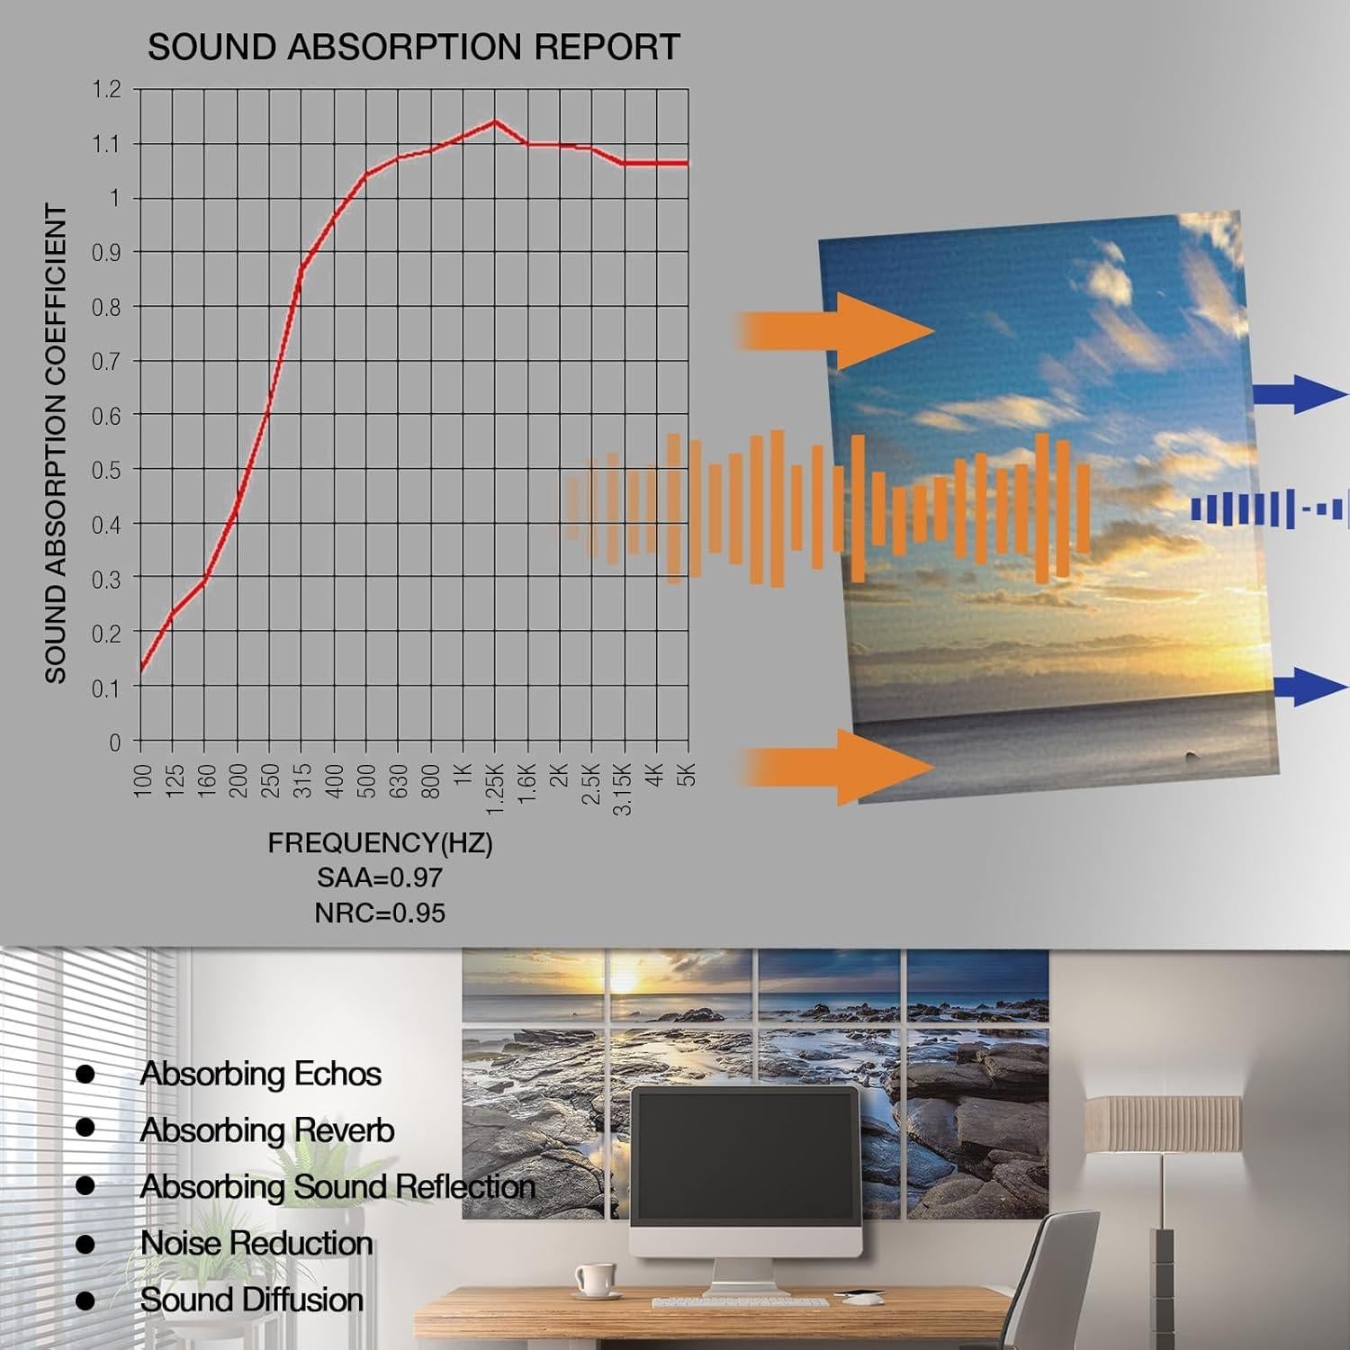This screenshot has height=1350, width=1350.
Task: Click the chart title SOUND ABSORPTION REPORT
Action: [x=413, y=47]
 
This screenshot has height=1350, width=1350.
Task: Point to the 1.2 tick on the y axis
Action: [x=106, y=89]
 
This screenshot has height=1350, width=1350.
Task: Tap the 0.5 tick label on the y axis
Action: [x=106, y=470]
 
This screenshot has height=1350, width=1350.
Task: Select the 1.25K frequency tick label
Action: [x=495, y=789]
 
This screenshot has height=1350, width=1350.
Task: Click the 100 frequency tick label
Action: [x=142, y=779]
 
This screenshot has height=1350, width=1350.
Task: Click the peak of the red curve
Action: [x=494, y=121]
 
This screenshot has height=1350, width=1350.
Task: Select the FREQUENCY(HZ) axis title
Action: [x=380, y=843]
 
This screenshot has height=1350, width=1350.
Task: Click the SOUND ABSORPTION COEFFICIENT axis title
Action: [x=56, y=444]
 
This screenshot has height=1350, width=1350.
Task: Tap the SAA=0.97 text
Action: [x=380, y=877]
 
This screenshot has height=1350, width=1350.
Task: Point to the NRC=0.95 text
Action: [x=380, y=913]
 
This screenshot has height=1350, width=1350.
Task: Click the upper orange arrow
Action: [x=836, y=331]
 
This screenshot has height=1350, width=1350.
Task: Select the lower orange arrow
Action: [x=836, y=767]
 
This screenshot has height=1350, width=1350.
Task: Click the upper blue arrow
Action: [x=1300, y=393]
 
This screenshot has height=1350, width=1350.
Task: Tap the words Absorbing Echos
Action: [x=261, y=1074]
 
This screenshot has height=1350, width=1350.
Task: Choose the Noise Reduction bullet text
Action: [x=256, y=1243]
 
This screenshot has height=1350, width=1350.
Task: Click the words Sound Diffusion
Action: [x=252, y=1300]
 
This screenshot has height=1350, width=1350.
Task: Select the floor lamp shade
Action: [x=1162, y=1124]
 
